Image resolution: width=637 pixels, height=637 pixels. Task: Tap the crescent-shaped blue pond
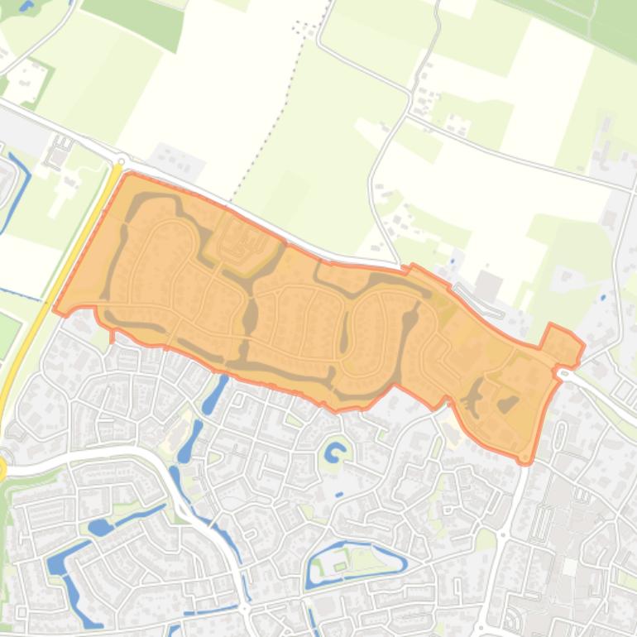tap(335, 453)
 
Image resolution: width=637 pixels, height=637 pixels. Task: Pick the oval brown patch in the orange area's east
tap(508, 404)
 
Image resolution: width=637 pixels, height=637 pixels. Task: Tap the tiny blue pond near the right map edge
tap(602, 297)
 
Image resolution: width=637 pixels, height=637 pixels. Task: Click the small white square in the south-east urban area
tap(570, 568)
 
